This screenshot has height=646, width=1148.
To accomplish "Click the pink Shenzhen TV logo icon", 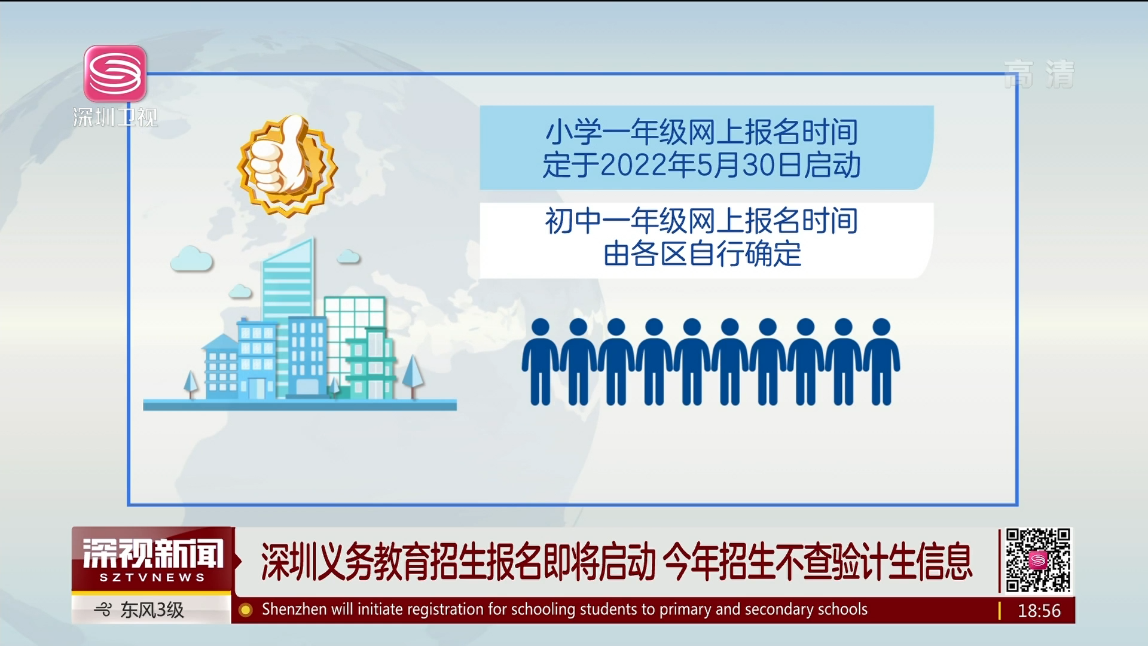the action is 115,74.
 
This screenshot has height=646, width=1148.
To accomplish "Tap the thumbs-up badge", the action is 287,165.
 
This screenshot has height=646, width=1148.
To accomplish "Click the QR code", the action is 1037,560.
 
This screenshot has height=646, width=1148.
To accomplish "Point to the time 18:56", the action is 1039,611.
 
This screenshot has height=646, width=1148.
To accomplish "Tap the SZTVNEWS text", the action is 152,577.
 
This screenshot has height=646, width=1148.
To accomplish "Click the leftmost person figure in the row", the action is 540,361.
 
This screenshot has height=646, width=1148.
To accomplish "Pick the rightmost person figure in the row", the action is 881,361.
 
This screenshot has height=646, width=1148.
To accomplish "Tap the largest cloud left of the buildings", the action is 191,258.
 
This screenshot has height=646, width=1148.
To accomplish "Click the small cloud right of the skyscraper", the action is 348,257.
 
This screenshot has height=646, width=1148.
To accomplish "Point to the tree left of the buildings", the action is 191,383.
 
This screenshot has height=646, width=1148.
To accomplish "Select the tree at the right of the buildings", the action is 413,376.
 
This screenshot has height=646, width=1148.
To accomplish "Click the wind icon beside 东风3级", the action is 103,610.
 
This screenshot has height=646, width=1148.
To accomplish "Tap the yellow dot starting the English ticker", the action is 245,610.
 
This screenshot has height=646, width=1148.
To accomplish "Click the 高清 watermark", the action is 1039,74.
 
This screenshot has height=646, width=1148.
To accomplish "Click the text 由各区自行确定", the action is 703,254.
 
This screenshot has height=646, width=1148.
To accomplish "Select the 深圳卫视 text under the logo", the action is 115,117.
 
